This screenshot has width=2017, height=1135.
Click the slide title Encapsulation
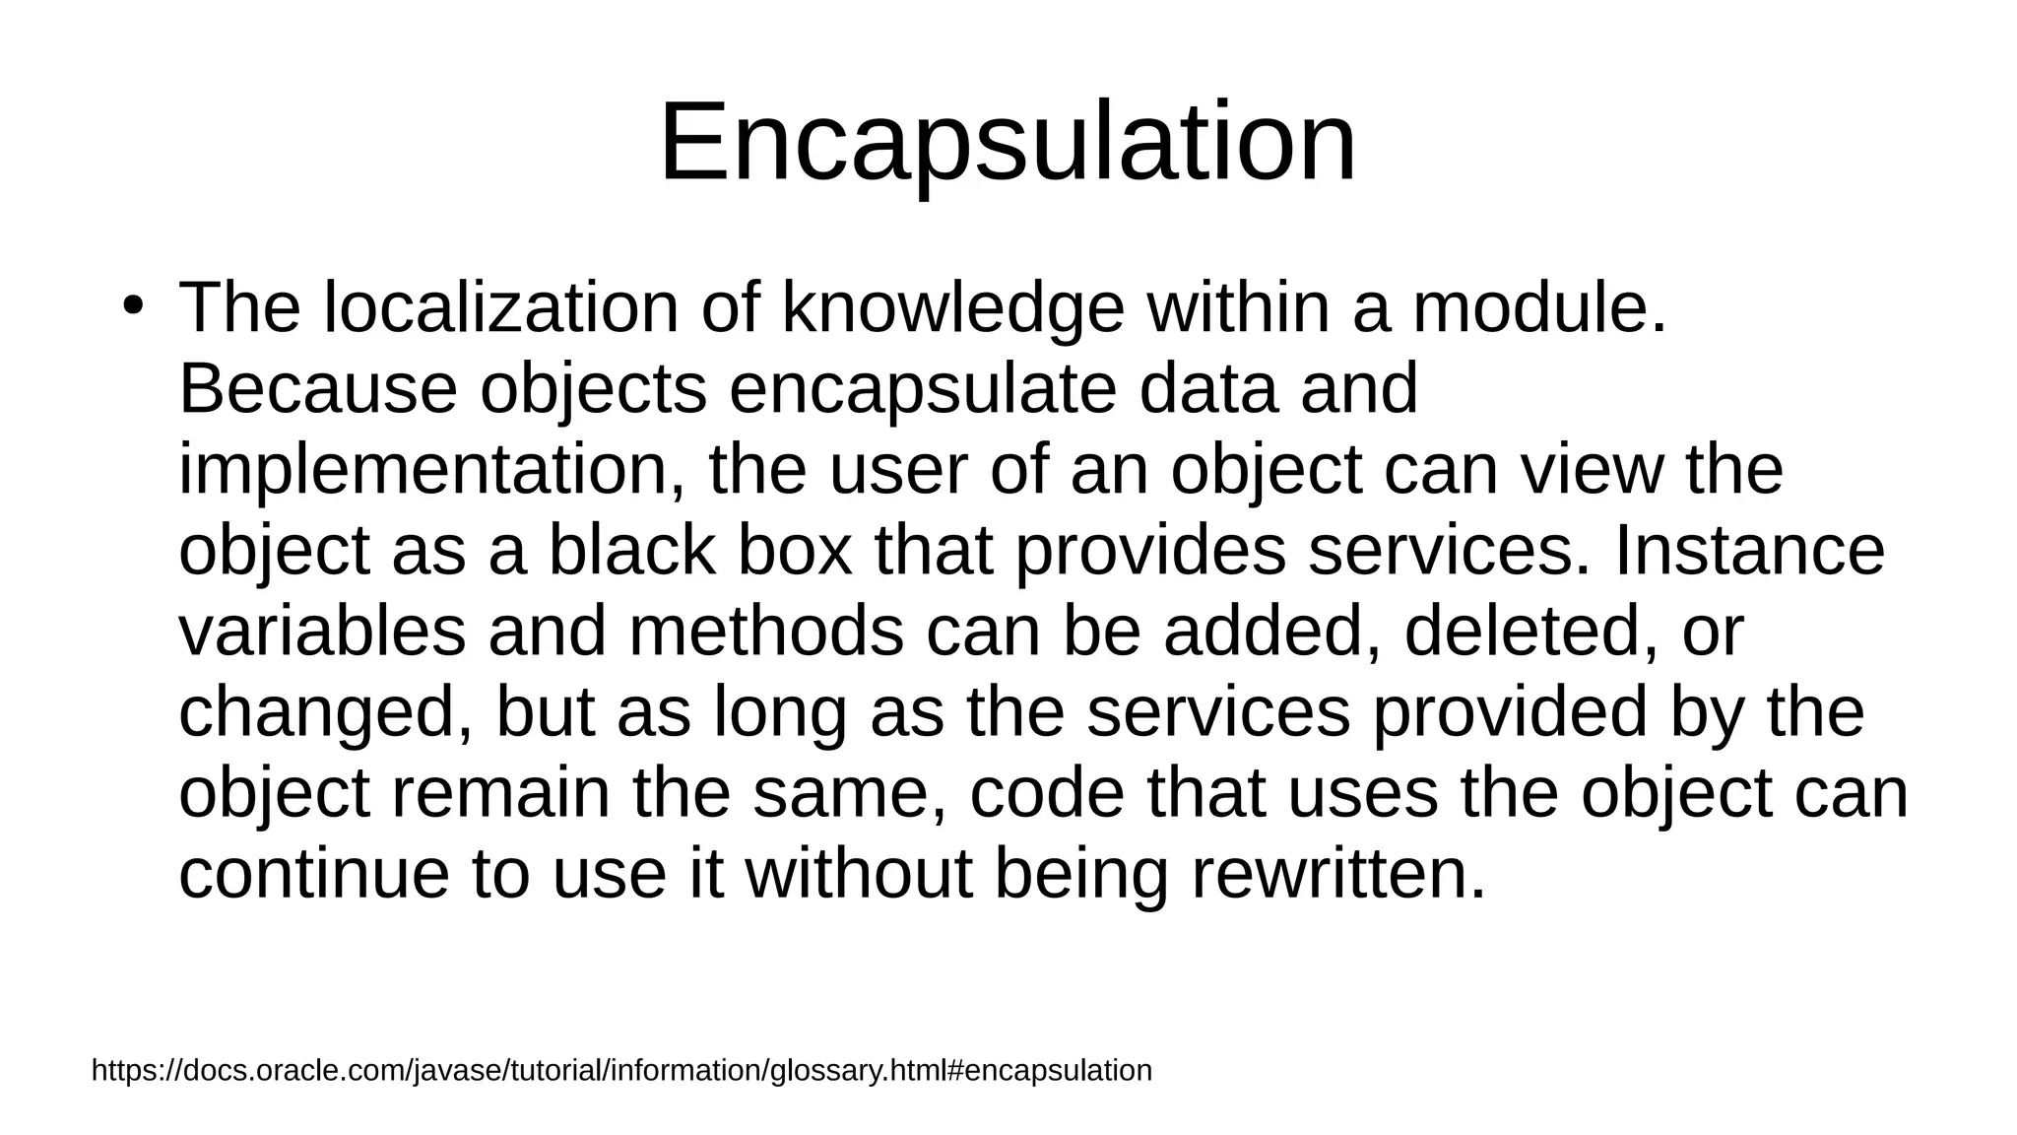(1008, 143)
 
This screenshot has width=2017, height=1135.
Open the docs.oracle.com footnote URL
(621, 1070)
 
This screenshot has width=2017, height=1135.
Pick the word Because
(318, 388)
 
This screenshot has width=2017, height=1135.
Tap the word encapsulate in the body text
(923, 388)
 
